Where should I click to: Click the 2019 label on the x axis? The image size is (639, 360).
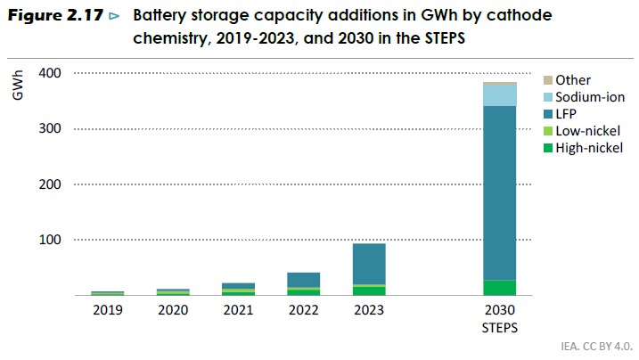point(107,310)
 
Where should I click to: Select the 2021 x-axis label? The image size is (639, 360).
point(238,310)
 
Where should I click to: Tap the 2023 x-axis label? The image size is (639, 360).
point(369,310)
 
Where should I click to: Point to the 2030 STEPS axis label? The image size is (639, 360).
point(500,318)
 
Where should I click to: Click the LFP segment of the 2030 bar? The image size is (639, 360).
point(500,192)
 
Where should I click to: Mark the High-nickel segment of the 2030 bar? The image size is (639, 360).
point(500,287)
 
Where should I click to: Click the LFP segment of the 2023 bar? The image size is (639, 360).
point(369,264)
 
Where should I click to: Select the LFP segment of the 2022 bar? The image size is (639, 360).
point(303,280)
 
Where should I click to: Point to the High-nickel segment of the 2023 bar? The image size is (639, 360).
point(369,290)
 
